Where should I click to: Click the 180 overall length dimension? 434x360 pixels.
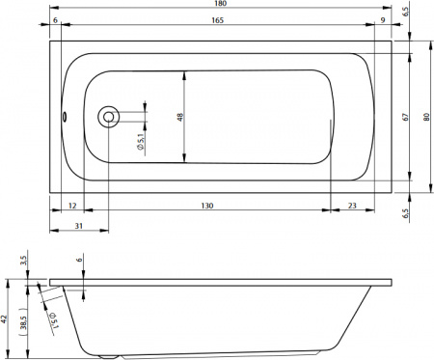tap(221, 6)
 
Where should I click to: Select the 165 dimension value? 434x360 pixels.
tap(221, 20)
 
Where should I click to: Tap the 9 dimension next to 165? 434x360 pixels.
tap(383, 20)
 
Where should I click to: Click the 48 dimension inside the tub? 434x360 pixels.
tap(180, 117)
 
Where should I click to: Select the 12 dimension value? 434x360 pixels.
tap(72, 206)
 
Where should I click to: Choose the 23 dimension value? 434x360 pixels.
tap(353, 206)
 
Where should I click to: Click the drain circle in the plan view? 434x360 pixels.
tap(109, 117)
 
